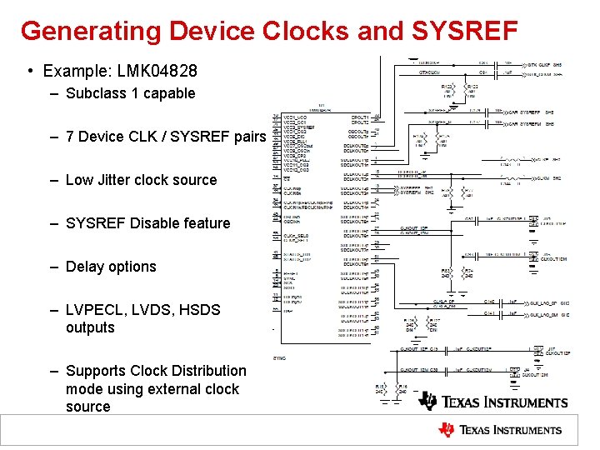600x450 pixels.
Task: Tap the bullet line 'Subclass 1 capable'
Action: tap(130, 93)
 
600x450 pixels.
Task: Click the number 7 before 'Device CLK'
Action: tap(70, 137)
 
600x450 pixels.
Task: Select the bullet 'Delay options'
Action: tap(111, 267)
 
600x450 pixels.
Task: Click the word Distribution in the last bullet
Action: tap(205, 371)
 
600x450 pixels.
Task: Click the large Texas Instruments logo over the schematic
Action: tap(493, 402)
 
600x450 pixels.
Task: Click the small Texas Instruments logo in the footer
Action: tap(500, 430)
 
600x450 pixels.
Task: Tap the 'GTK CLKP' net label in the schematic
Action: tap(541, 63)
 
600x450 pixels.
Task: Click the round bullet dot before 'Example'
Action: tap(30, 72)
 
